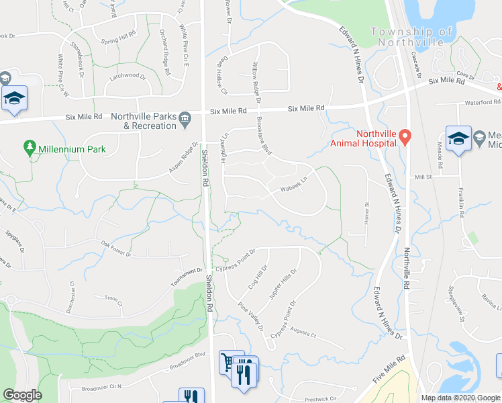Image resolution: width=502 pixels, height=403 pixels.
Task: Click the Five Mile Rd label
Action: click(392, 370)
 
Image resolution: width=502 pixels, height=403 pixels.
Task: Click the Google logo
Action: click(23, 395)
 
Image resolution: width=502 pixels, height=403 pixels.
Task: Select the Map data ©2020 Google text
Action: click(460, 398)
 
